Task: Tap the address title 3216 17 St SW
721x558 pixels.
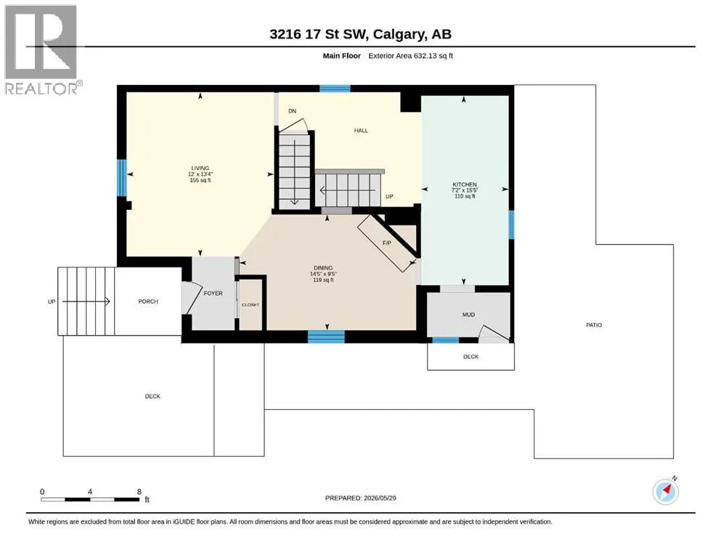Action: click(x=318, y=34)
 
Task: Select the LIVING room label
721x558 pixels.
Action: click(x=200, y=168)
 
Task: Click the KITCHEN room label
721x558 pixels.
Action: click(x=465, y=184)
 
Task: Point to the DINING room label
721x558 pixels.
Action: click(x=323, y=267)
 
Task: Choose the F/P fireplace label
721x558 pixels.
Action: click(x=387, y=243)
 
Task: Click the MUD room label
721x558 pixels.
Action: click(x=468, y=315)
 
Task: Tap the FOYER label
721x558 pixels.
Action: click(x=213, y=293)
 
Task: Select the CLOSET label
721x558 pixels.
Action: click(x=250, y=305)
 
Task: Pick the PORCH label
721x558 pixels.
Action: click(x=148, y=302)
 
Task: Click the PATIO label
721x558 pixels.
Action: click(x=594, y=325)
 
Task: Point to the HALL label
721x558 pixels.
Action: click(x=361, y=131)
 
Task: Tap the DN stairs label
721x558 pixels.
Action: click(x=293, y=111)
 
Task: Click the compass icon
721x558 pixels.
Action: click(x=665, y=491)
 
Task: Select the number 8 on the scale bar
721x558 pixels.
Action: click(x=139, y=492)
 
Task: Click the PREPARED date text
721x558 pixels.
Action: click(x=360, y=498)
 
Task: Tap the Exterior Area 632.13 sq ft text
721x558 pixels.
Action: click(x=411, y=56)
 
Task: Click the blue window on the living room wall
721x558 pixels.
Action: click(x=121, y=177)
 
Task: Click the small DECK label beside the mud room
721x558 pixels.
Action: click(x=471, y=357)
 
